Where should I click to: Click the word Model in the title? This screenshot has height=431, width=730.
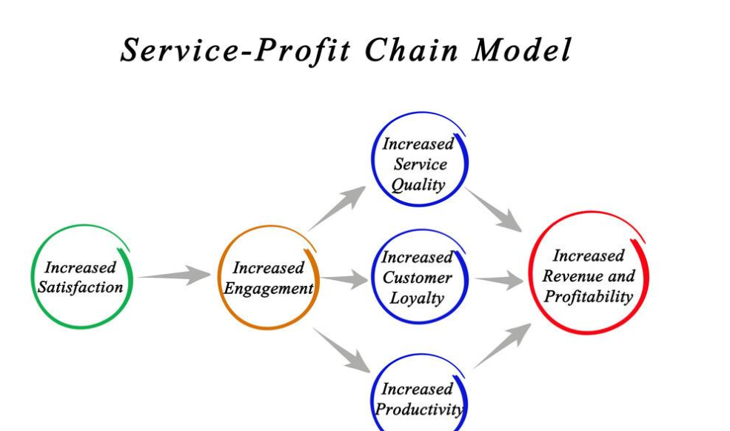521,50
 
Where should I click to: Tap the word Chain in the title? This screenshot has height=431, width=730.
411,50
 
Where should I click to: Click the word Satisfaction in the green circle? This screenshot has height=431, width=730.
80,287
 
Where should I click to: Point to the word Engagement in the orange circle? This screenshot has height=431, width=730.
268,289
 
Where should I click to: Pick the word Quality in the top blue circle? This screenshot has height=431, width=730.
418,185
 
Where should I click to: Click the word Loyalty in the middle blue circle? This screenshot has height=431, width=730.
417,298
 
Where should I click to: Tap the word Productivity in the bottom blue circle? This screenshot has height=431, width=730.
419,410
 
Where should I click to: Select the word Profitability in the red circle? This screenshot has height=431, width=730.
589,296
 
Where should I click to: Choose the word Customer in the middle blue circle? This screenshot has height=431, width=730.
417,278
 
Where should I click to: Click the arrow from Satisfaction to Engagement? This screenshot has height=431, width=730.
175,275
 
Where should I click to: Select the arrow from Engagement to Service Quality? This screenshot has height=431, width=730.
337,208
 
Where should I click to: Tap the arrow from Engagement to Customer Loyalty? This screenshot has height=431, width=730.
344,278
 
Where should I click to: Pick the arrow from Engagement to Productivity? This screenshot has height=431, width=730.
342,350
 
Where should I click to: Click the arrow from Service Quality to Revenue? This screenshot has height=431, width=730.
493,210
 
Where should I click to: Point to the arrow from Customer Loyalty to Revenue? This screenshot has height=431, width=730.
499,280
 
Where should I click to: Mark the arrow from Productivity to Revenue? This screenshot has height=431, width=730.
503,346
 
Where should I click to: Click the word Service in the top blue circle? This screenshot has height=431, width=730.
420,164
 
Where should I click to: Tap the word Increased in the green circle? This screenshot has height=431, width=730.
80,267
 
